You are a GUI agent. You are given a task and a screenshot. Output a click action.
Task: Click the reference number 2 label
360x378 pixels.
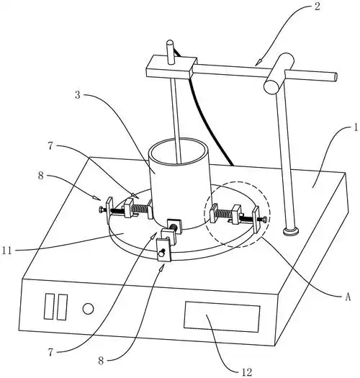click(x=318, y=6)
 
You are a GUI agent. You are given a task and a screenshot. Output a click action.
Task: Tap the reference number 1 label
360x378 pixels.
click(x=356, y=127)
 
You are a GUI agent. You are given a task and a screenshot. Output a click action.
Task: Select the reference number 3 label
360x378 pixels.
click(x=78, y=95)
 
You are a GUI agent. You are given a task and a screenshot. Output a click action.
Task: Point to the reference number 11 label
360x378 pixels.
click(x=7, y=251)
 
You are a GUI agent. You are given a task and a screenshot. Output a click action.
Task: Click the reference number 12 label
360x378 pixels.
click(x=247, y=372)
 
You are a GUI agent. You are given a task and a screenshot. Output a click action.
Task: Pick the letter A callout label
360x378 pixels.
click(x=348, y=297)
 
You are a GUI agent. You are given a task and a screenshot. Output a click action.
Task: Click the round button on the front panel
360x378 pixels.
click(x=88, y=309)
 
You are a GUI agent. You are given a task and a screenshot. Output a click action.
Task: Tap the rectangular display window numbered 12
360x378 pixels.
click(x=222, y=317)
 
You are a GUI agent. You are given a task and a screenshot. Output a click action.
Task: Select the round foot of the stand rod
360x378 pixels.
click(x=292, y=231)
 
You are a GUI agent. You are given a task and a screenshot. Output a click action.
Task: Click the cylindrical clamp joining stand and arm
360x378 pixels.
click(x=279, y=73)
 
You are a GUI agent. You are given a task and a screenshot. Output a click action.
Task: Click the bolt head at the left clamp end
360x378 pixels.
click(x=101, y=210)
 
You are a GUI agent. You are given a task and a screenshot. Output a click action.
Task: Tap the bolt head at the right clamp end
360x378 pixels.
click(x=265, y=219)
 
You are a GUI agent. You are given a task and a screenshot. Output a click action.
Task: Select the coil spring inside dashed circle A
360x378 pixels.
click(x=224, y=213)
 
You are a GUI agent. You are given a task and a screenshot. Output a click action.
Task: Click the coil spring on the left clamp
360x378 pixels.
click(x=140, y=207)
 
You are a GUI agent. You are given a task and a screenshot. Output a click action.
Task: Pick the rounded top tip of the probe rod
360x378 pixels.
click(x=170, y=42)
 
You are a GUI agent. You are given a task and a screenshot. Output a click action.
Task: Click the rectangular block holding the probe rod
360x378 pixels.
click(x=171, y=67)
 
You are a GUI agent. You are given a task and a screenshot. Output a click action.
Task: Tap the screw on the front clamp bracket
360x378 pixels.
click(x=161, y=253)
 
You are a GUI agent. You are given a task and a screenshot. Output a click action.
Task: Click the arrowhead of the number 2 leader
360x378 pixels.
click(x=258, y=63)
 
